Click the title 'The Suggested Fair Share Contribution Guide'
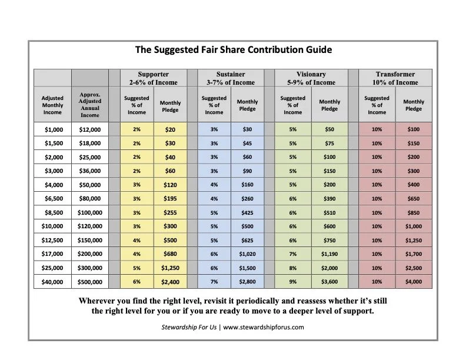click(x=234, y=49)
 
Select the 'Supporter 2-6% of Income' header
click(x=153, y=78)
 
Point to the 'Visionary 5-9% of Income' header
click(x=311, y=78)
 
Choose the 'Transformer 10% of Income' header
click(x=395, y=78)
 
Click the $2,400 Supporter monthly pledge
click(x=171, y=282)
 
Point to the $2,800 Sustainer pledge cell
click(x=248, y=282)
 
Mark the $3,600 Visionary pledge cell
click(x=329, y=282)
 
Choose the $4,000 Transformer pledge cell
click(x=414, y=282)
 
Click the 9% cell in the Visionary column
click(x=293, y=282)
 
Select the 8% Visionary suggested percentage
click(x=293, y=269)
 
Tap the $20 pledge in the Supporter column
click(x=171, y=129)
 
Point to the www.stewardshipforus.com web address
click(x=264, y=327)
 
